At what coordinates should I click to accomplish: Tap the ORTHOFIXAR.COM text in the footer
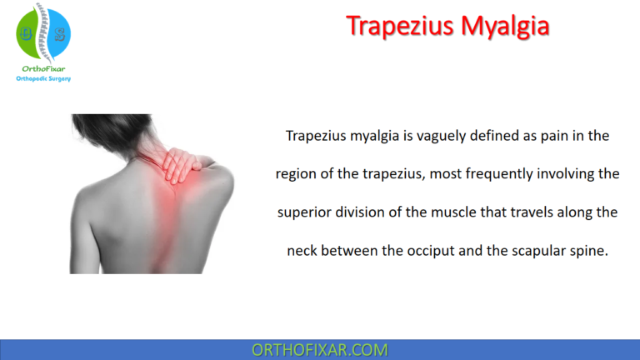click(320, 349)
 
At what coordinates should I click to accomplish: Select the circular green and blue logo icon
click(43, 32)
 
